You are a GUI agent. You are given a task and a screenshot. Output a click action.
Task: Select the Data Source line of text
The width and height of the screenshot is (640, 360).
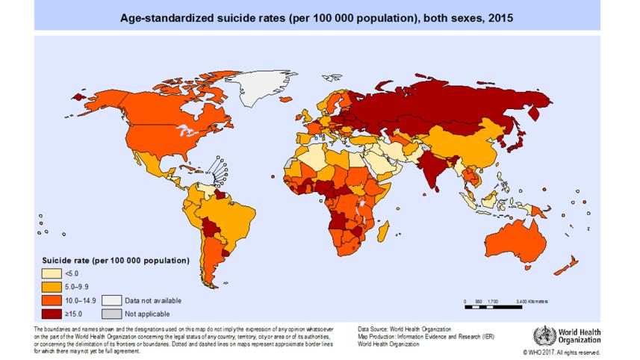(404, 329)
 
